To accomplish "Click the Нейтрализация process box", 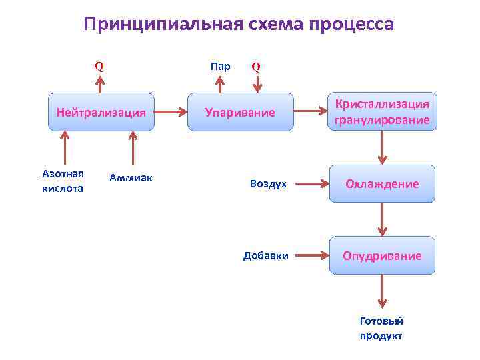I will pyautogui.click(x=101, y=112).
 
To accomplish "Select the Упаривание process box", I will pyautogui.click(x=240, y=112).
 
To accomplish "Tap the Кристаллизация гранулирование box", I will pyautogui.click(x=383, y=111).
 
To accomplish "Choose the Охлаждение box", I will pyautogui.click(x=382, y=183).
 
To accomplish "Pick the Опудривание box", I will pyautogui.click(x=382, y=255).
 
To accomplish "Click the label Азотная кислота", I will pyautogui.click(x=63, y=181).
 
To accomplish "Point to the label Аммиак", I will pyautogui.click(x=131, y=177).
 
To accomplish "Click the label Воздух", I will pyautogui.click(x=268, y=183).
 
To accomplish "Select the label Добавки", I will pyautogui.click(x=266, y=255).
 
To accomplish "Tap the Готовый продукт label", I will pyautogui.click(x=381, y=328).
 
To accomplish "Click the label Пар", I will pyautogui.click(x=220, y=66).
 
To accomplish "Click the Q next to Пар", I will pyautogui.click(x=256, y=67).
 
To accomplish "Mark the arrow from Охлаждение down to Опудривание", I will pyautogui.click(x=382, y=219).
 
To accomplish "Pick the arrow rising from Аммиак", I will pyautogui.click(x=133, y=147).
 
